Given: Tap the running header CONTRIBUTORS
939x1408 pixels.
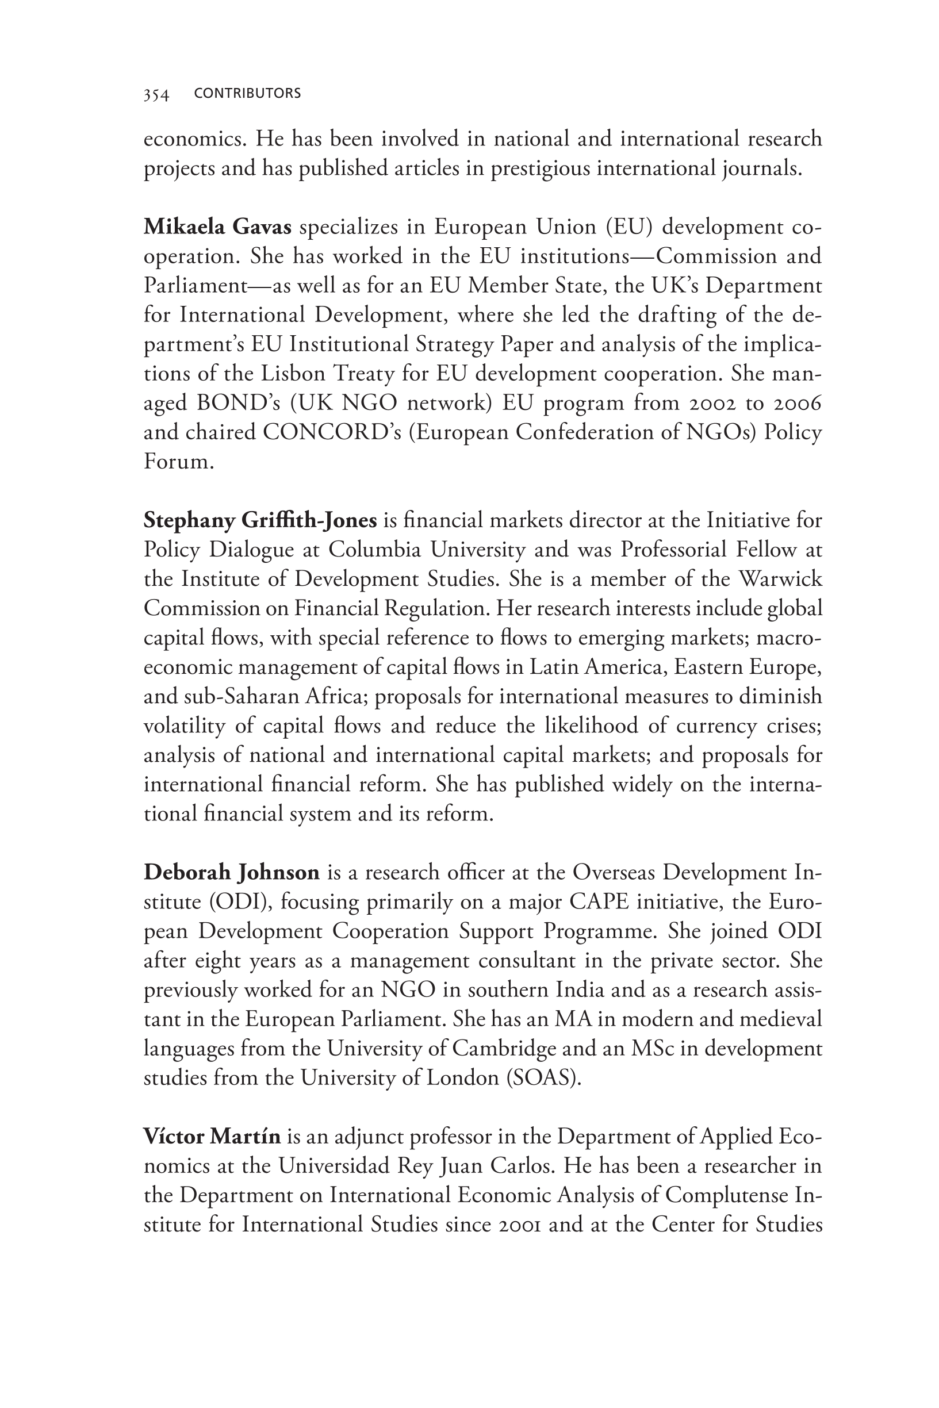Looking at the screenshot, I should [x=247, y=93].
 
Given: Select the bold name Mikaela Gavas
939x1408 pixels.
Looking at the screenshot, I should [x=217, y=228].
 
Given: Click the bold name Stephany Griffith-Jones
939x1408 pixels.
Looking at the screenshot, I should [x=260, y=521].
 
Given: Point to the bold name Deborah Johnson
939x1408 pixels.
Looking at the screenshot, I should [x=232, y=872].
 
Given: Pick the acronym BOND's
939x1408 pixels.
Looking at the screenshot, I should [x=238, y=404].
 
